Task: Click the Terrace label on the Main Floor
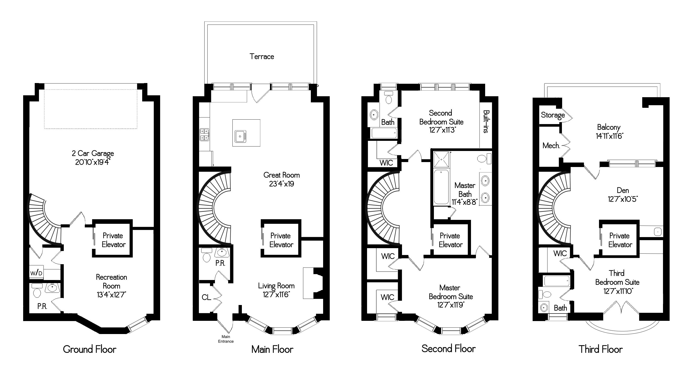tap(261, 56)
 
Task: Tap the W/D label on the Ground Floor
tap(36, 273)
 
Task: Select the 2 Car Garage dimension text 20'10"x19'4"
tap(93, 162)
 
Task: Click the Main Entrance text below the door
tap(226, 339)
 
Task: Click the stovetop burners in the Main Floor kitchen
tap(204, 134)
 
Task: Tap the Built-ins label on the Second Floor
tap(486, 121)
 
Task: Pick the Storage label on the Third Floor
tap(552, 115)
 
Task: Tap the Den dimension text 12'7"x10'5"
tap(623, 199)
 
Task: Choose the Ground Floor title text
tap(90, 349)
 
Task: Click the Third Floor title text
tap(600, 349)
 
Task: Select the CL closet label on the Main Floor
tap(206, 297)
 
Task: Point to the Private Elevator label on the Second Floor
tap(450, 240)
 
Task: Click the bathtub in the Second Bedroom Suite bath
tap(384, 133)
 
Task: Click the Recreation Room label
tap(111, 281)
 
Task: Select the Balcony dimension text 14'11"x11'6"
tap(609, 136)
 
